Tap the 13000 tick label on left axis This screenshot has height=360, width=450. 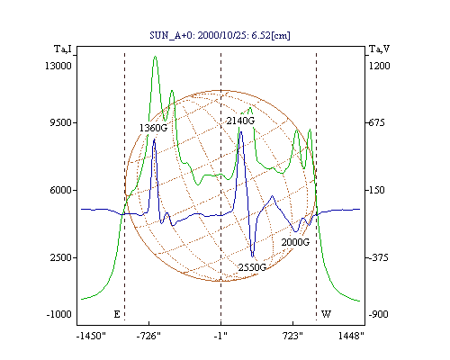tap(58, 66)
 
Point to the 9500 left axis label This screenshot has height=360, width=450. tap(60, 122)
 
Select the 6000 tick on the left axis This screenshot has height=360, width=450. tap(60, 190)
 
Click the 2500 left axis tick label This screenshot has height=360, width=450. tap(61, 257)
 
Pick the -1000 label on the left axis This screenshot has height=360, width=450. tap(58, 314)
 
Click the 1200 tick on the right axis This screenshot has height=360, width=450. tap(379, 66)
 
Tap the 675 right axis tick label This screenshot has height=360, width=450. tap(376, 122)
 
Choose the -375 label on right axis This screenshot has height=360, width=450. tap(378, 257)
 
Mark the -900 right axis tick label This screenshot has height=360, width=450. tap(378, 314)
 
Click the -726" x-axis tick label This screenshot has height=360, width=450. tap(148, 336)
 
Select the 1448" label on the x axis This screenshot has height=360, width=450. tap(351, 336)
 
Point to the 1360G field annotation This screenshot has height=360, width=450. tap(153, 128)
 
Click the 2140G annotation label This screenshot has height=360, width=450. tap(240, 121)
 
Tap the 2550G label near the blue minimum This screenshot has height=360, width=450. tap(252, 267)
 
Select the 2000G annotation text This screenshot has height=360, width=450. tap(295, 242)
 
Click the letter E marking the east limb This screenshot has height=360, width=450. tap(117, 314)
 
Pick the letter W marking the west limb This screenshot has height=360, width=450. tap(326, 314)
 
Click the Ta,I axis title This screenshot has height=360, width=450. tap(63, 49)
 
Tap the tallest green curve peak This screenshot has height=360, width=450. tap(155, 57)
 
